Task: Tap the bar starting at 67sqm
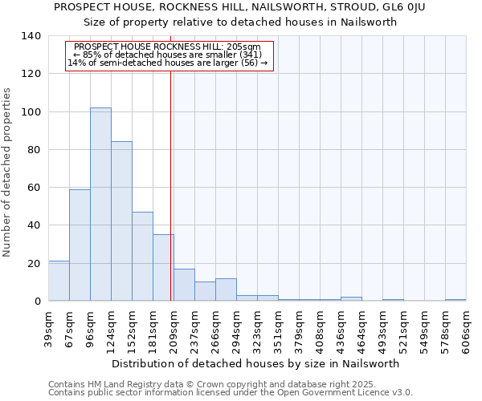coord(80,245)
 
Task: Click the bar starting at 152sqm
coord(142,257)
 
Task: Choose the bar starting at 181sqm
coord(163,268)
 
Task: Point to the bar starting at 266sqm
coord(226,290)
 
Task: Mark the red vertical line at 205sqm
coord(171,184)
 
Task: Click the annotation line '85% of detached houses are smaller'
coord(170,55)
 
